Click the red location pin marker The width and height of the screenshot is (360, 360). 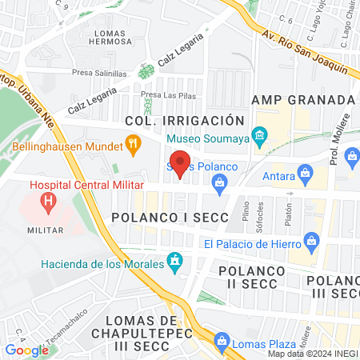click(x=181, y=162)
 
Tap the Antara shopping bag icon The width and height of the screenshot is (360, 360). click(x=305, y=172)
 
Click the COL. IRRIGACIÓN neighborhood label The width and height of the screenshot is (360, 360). click(x=184, y=120)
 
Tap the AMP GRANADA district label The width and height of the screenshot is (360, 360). click(x=302, y=99)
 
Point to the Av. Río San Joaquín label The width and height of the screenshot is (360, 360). click(x=304, y=51)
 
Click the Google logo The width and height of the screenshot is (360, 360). click(x=27, y=350)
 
